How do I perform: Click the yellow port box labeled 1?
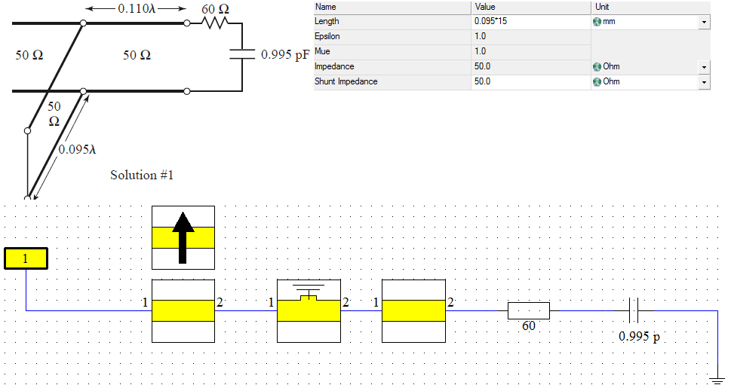[26, 258]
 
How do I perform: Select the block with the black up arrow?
[183, 237]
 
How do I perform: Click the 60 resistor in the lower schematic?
[528, 310]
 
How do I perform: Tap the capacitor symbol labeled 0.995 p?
[634, 309]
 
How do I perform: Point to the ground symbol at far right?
[717, 377]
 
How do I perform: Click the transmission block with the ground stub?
[309, 310]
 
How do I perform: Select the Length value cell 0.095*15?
[490, 21]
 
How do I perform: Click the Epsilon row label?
[327, 36]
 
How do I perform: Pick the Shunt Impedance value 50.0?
[483, 81]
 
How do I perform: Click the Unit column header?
[604, 7]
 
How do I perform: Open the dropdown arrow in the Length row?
[704, 22]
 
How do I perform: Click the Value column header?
[484, 7]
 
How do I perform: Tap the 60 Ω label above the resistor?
[215, 8]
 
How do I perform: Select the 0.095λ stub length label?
[78, 148]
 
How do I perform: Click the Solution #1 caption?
[142, 175]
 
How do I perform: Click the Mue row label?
[322, 51]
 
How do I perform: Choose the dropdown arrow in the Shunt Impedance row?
[704, 82]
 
